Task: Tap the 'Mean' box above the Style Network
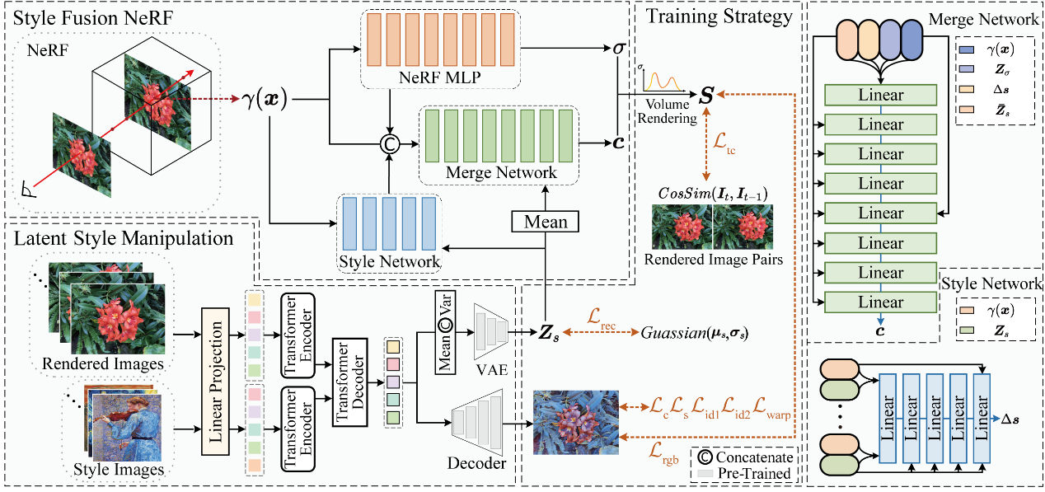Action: point(546,222)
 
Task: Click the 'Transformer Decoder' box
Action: point(348,380)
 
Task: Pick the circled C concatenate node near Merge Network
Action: point(389,143)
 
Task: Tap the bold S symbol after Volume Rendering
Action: point(706,97)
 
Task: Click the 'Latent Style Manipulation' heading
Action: point(123,239)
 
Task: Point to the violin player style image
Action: point(131,426)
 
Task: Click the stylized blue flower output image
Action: point(574,422)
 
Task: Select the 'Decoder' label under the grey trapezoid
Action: point(476,463)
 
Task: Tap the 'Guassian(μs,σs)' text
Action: point(701,334)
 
